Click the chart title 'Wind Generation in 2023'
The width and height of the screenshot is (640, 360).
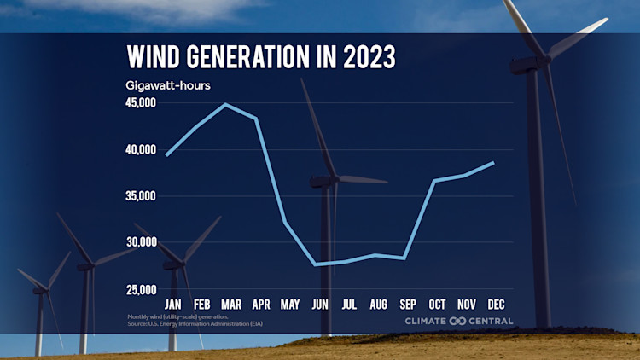tap(261, 57)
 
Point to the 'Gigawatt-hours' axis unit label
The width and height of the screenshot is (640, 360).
tap(168, 85)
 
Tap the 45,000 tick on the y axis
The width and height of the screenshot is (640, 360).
tap(141, 103)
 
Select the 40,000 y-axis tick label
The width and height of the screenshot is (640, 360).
tap(141, 150)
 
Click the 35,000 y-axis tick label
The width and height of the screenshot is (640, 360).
tap(141, 196)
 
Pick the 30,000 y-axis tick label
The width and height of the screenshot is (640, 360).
tap(141, 242)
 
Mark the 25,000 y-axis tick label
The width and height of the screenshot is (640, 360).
tap(141, 289)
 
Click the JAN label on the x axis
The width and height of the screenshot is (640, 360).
tap(172, 304)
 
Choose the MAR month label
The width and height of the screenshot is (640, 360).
tap(230, 304)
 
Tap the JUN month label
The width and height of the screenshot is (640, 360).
tap(319, 304)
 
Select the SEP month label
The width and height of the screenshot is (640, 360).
tap(408, 304)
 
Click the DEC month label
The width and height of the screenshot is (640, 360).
tap(496, 304)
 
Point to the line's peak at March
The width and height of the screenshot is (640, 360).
tap(226, 104)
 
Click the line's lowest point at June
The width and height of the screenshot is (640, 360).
tap(316, 264)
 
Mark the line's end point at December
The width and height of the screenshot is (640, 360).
tap(493, 162)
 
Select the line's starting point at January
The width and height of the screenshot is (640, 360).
tap(167, 154)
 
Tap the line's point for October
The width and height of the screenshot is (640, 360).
tap(434, 181)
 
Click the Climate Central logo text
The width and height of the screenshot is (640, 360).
tap(459, 321)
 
